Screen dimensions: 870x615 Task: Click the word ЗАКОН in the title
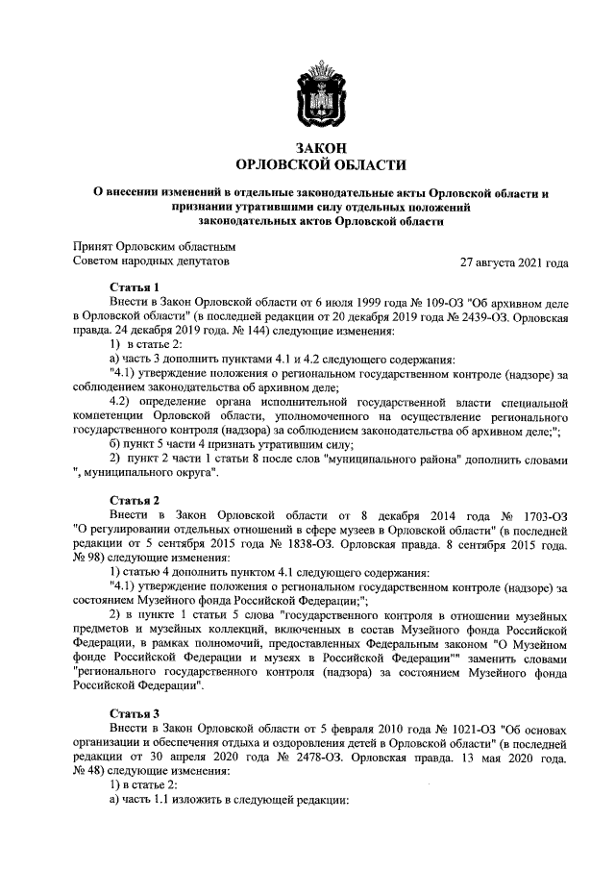pos(307,147)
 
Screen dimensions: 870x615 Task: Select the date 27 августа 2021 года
pos(514,261)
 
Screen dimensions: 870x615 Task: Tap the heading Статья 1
pos(135,287)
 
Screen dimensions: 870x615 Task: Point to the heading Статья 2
pos(135,501)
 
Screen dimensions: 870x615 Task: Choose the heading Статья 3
pos(135,713)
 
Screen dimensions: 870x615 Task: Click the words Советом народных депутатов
pos(152,261)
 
